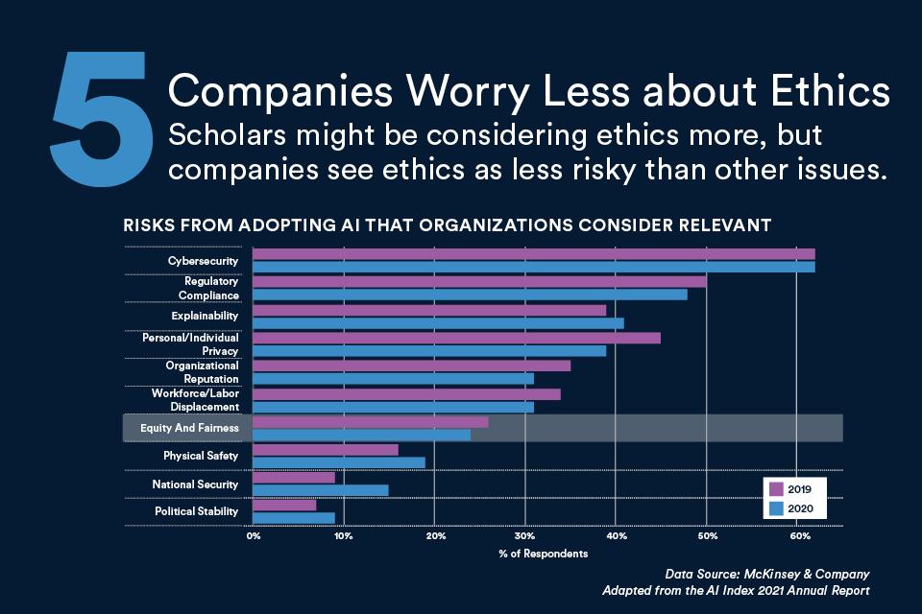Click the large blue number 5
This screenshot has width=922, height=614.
point(100,106)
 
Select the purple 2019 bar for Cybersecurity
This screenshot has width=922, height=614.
point(533,254)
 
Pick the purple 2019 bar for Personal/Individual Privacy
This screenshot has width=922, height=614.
point(456,338)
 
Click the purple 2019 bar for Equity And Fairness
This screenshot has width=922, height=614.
point(370,422)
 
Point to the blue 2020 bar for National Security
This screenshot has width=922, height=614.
point(321,490)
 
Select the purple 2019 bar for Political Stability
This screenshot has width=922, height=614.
point(284,506)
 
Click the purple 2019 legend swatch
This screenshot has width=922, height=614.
point(776,488)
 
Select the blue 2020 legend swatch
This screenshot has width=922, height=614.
point(776,507)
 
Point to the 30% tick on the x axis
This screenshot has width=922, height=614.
point(525,535)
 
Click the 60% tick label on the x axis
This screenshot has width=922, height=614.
point(797,535)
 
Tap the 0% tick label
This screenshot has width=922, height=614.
point(254,535)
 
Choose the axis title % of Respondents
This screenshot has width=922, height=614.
point(544,554)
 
